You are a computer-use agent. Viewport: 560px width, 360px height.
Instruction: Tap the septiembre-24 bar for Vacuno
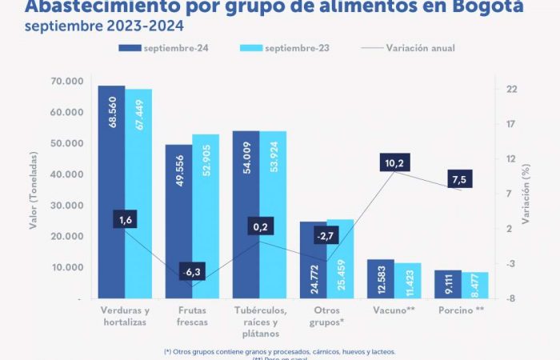coord(381,279)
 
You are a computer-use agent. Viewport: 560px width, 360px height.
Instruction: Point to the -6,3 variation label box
coord(192,273)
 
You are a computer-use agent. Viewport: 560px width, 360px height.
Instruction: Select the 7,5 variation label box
coord(458,179)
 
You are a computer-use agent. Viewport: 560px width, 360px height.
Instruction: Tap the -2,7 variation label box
coord(324,236)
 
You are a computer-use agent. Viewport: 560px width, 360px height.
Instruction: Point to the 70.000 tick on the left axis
coord(66,82)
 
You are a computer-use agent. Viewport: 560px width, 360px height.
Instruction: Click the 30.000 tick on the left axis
coord(66,206)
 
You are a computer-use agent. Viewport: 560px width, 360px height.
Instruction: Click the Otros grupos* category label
coord(326,315)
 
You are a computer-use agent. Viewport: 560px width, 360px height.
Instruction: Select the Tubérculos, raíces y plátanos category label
coord(258,322)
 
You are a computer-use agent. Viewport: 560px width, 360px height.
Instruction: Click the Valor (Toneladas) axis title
coord(34,192)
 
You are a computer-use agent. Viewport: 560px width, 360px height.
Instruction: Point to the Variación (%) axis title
coord(526,192)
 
